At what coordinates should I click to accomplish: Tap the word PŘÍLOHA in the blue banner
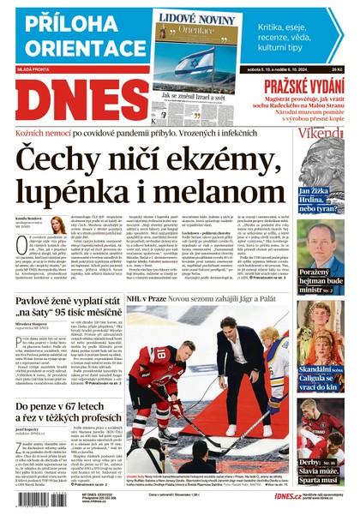pyautogui.click(x=63, y=23)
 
